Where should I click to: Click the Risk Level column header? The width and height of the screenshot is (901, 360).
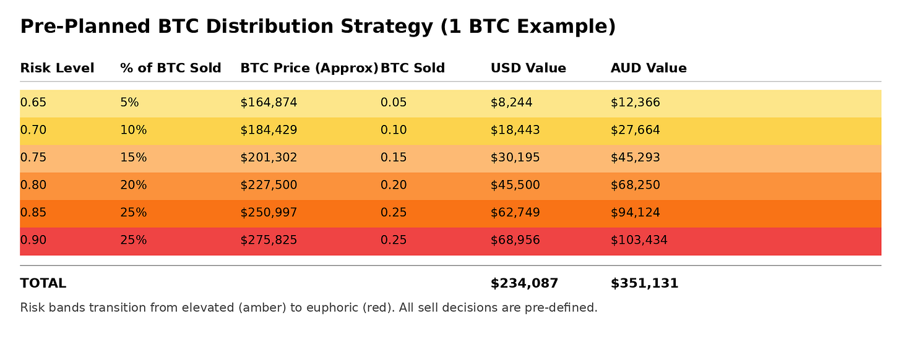click(x=57, y=68)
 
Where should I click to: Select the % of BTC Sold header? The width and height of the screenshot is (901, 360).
click(x=171, y=68)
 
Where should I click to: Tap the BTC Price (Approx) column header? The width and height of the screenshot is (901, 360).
click(x=309, y=69)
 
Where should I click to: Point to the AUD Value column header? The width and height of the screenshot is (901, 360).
click(x=649, y=68)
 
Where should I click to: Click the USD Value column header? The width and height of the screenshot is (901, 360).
click(x=528, y=68)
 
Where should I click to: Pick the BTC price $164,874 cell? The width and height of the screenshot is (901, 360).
click(x=269, y=103)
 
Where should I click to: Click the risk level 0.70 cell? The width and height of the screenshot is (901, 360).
click(x=33, y=130)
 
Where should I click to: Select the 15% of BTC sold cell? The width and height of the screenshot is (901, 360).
click(x=134, y=157)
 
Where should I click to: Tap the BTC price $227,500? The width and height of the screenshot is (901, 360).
click(x=269, y=185)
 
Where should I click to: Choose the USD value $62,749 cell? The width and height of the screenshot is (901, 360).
click(x=515, y=212)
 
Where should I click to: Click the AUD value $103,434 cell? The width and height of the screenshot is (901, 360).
click(x=639, y=240)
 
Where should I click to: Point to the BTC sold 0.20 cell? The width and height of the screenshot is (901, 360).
click(x=394, y=185)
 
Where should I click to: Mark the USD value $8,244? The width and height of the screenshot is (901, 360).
click(x=511, y=103)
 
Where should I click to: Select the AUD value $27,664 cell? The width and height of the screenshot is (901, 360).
click(x=635, y=130)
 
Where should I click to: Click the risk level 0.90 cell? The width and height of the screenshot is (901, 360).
click(x=33, y=240)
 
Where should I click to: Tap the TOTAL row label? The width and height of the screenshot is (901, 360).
click(x=43, y=283)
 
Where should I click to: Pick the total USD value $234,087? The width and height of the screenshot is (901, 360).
click(x=524, y=283)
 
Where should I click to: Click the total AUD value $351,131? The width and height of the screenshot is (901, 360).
click(x=644, y=283)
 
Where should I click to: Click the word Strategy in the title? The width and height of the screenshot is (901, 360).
click(x=387, y=27)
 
